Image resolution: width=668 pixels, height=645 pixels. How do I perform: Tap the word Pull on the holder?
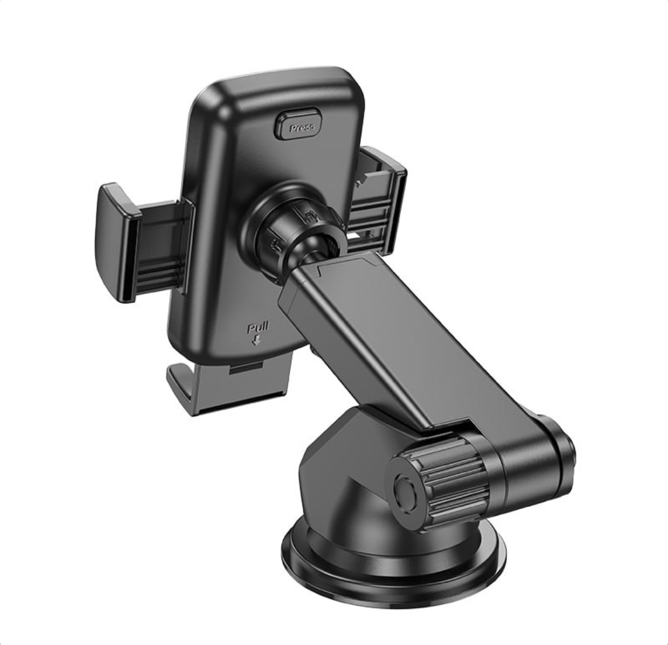pyautogui.click(x=257, y=328)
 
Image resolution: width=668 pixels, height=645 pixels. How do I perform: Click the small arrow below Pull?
pyautogui.click(x=256, y=340)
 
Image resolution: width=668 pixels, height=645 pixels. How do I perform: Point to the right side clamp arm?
pyautogui.click(x=379, y=200)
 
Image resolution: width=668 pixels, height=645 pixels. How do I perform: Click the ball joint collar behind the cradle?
pyautogui.click(x=294, y=226)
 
